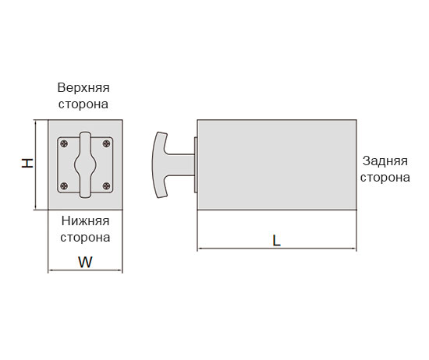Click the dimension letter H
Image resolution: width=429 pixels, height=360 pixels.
pos(27,163)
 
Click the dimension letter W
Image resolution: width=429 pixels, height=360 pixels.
pos(85,262)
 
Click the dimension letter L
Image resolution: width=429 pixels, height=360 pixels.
pos(277,241)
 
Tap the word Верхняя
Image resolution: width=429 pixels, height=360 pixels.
pos(83,88)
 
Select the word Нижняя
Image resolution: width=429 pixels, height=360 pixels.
pos(85,221)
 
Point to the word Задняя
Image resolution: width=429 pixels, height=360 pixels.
pos(385,161)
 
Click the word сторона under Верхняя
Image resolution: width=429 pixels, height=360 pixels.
pos(83,104)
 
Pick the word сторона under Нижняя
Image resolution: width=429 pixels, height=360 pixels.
pos(85,237)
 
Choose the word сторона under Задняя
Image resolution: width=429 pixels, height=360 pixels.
pos(385,178)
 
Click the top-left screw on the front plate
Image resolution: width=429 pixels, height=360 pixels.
pos(64,143)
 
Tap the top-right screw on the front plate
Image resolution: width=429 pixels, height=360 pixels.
pos(106,143)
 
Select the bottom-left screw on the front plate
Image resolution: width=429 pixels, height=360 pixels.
pos(64,186)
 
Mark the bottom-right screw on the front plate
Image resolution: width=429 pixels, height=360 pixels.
pos(106,186)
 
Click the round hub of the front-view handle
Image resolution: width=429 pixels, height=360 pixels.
pos(85,165)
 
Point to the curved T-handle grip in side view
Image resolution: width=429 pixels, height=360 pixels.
pos(159,165)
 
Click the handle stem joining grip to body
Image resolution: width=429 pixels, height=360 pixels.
pos(181,165)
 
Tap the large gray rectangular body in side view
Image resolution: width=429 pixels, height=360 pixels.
pos(277,165)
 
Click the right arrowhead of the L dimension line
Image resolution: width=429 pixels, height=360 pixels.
pos(355,249)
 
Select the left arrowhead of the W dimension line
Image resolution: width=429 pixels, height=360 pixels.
pos(51,270)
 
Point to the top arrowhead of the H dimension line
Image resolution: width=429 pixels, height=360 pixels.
pos(36,122)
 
